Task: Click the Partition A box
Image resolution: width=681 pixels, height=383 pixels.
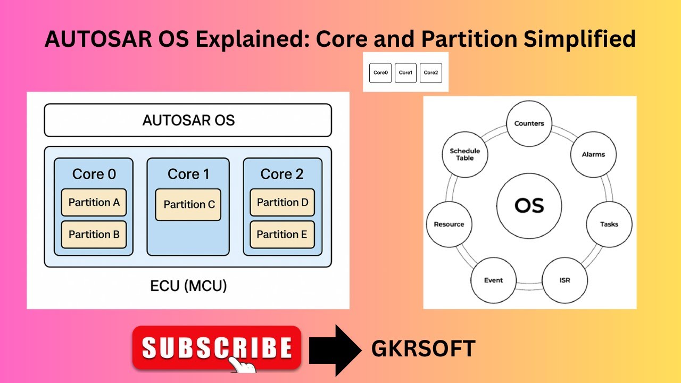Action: click(94, 203)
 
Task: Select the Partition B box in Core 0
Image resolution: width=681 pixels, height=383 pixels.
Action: click(94, 235)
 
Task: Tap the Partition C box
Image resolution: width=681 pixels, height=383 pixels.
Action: click(188, 205)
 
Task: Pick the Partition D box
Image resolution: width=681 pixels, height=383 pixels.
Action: click(282, 203)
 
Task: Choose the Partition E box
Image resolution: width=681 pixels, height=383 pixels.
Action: click(282, 235)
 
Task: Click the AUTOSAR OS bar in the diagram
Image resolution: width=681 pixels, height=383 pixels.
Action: click(188, 120)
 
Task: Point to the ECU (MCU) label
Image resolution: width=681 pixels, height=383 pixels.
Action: click(188, 286)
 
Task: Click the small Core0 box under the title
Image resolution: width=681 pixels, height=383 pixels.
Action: click(380, 72)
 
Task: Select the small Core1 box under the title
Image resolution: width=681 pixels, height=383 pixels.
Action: click(405, 72)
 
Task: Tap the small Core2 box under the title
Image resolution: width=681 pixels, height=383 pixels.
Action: click(430, 72)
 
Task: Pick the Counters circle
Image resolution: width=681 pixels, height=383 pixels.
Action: click(529, 123)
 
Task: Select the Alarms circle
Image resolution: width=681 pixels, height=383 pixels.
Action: click(593, 154)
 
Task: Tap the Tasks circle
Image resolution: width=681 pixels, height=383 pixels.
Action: click(609, 224)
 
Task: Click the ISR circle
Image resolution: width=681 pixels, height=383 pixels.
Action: click(564, 280)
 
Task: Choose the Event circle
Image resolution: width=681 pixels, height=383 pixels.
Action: click(493, 280)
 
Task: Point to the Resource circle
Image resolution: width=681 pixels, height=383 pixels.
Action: click(449, 224)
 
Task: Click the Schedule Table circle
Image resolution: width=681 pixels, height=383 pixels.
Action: click(464, 154)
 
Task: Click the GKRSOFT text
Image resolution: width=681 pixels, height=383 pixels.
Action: click(423, 349)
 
